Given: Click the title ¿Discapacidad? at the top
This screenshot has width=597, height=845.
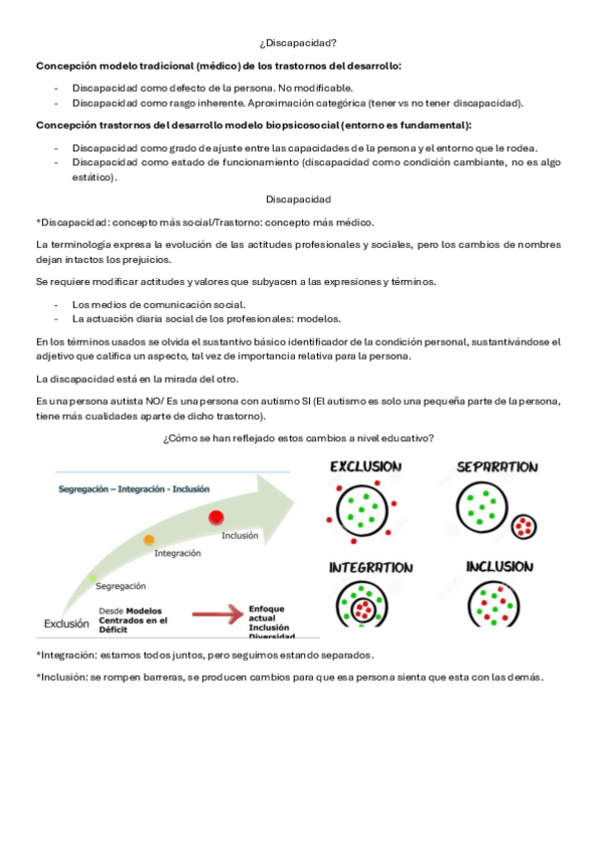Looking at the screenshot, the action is [298, 43].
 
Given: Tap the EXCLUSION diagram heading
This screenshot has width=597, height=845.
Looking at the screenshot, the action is [366, 466].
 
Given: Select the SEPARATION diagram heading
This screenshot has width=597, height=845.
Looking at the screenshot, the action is [497, 467].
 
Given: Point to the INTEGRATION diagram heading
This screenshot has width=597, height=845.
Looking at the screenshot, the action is [371, 567].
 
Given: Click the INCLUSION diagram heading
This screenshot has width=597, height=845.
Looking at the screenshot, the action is [499, 567].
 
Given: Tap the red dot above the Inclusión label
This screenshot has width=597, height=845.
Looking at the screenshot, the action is [216, 517].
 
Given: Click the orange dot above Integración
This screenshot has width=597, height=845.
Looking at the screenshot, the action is [149, 539].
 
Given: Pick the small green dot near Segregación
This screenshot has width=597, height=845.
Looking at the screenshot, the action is [93, 578].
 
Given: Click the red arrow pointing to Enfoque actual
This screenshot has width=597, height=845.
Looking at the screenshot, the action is [217, 614].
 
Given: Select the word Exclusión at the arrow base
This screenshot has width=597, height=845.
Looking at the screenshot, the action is [66, 624].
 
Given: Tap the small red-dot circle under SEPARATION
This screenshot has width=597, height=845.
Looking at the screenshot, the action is [523, 526].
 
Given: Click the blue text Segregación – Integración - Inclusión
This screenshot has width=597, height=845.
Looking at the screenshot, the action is [134, 489].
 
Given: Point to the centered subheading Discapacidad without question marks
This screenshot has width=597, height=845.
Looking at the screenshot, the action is [298, 199].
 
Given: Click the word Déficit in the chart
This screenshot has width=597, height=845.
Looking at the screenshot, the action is [114, 630].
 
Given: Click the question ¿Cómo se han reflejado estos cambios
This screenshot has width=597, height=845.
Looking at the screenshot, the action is [298, 438].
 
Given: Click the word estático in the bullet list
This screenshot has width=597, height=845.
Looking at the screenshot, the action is [95, 177].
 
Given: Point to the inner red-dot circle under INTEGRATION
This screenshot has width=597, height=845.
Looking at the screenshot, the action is [364, 610].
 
